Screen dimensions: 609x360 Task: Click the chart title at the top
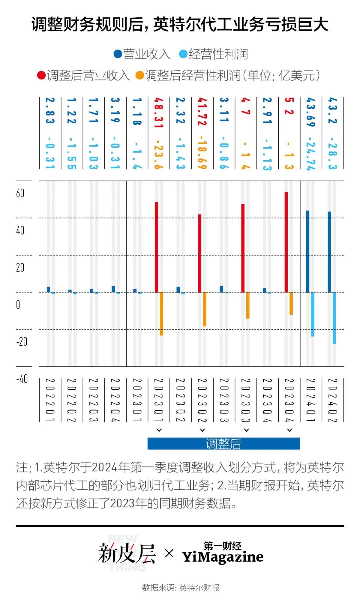[x=180, y=25]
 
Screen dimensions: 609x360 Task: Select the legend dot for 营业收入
[x=118, y=54]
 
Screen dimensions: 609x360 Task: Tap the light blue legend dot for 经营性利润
[x=183, y=54]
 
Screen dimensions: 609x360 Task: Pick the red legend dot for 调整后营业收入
[x=41, y=75]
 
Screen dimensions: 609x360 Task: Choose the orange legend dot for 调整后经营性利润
[x=140, y=75]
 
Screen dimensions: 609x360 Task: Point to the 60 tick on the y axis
[x=20, y=193]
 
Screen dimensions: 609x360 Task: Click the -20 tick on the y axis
[x=22, y=341]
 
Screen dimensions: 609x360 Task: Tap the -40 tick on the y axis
[x=22, y=379]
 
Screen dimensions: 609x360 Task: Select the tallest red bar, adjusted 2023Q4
[x=286, y=242]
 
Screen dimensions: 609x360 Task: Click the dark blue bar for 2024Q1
[x=308, y=252]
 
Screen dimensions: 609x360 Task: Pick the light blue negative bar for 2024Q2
[x=334, y=318]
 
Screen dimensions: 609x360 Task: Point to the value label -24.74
[x=311, y=154]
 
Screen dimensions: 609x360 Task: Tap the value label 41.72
[x=202, y=112]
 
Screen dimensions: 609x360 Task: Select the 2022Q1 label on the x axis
[x=50, y=400]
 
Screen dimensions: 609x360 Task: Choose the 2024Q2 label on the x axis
[x=332, y=400]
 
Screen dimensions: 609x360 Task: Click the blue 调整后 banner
[x=224, y=443]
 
